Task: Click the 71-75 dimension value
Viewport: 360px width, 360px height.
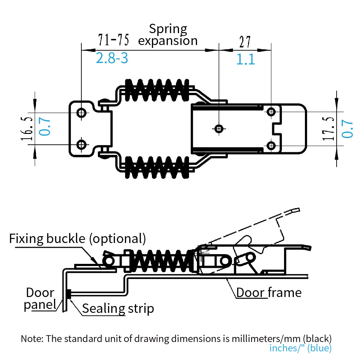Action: coord(113,41)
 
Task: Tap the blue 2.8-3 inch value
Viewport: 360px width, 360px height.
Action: coord(112,58)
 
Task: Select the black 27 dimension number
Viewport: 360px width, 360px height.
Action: coord(245,42)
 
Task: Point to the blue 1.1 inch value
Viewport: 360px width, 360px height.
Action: coord(246,59)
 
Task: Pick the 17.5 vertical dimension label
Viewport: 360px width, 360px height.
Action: coord(329,129)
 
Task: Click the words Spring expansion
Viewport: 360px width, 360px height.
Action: coord(168,35)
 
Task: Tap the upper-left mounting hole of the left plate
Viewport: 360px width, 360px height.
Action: coord(82,113)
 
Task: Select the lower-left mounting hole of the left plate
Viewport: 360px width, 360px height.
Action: coord(82,145)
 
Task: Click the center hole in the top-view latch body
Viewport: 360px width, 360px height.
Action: coord(219,128)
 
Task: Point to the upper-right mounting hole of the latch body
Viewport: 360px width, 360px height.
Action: coord(271,112)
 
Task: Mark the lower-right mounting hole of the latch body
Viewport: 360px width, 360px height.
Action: coord(271,145)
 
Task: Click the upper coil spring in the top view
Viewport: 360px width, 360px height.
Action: coord(157,90)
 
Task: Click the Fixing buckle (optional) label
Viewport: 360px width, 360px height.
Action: coord(77,238)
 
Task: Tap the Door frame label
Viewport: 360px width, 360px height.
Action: coord(269,292)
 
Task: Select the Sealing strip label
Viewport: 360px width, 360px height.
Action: coord(118,309)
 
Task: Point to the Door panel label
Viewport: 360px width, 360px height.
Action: coord(40,299)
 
